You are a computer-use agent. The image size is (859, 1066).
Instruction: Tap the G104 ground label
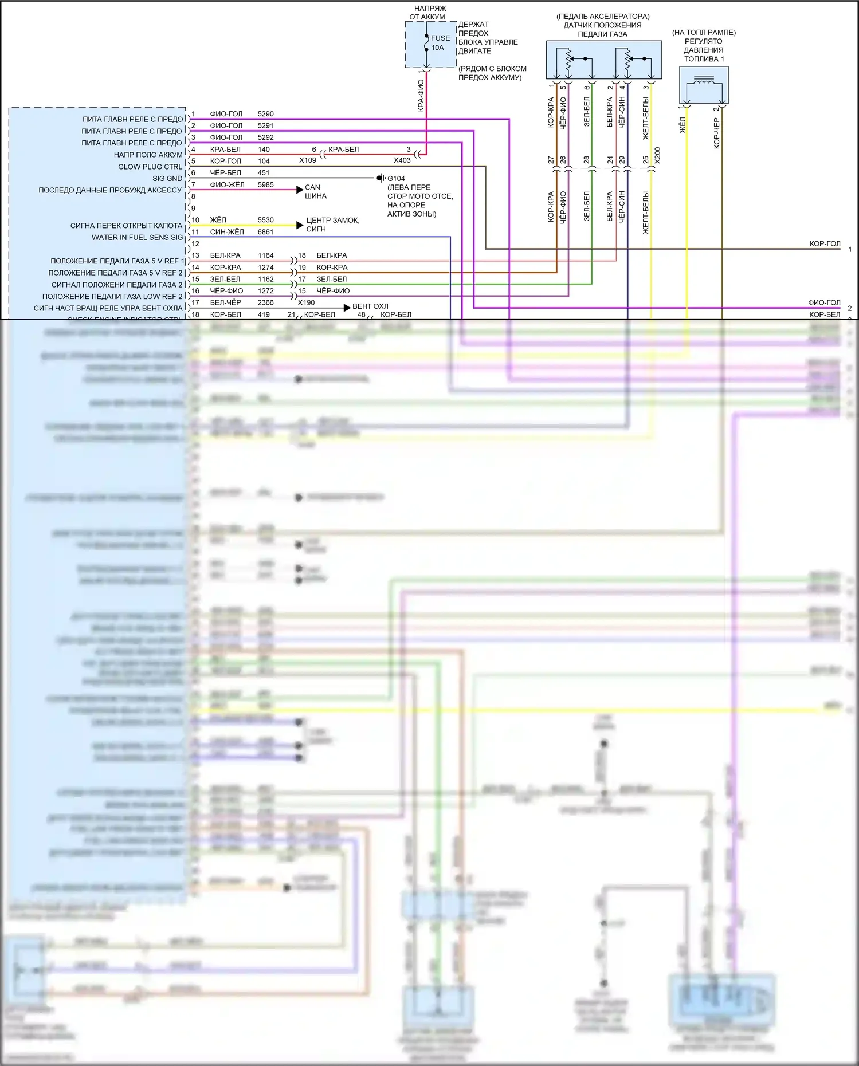(x=396, y=178)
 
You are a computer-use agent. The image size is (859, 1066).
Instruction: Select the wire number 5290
(x=265, y=114)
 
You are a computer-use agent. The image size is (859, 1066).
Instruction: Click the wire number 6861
(x=265, y=232)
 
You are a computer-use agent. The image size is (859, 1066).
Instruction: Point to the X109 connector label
(x=308, y=160)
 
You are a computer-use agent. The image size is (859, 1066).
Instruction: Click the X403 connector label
(x=402, y=160)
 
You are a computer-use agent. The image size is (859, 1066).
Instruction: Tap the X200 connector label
(x=657, y=155)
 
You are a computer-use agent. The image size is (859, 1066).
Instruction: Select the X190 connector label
(x=307, y=302)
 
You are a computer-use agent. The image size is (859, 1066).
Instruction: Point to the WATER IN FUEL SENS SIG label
(x=137, y=237)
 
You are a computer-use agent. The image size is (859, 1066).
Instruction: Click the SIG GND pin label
(x=167, y=178)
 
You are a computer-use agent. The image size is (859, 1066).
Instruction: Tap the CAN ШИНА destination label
(x=315, y=191)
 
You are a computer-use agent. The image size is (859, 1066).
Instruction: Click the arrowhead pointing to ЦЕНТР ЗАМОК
(x=300, y=225)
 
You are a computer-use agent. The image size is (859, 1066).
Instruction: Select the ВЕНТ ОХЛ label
(x=370, y=306)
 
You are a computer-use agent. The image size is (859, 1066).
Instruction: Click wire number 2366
(x=265, y=302)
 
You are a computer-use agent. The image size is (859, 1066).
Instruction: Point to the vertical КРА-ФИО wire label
(x=421, y=95)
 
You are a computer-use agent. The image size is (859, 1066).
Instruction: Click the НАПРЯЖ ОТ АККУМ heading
(x=429, y=13)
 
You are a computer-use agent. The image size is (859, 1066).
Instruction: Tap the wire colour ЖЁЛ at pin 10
(x=218, y=220)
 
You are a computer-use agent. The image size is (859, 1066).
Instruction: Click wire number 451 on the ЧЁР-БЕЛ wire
(x=264, y=172)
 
